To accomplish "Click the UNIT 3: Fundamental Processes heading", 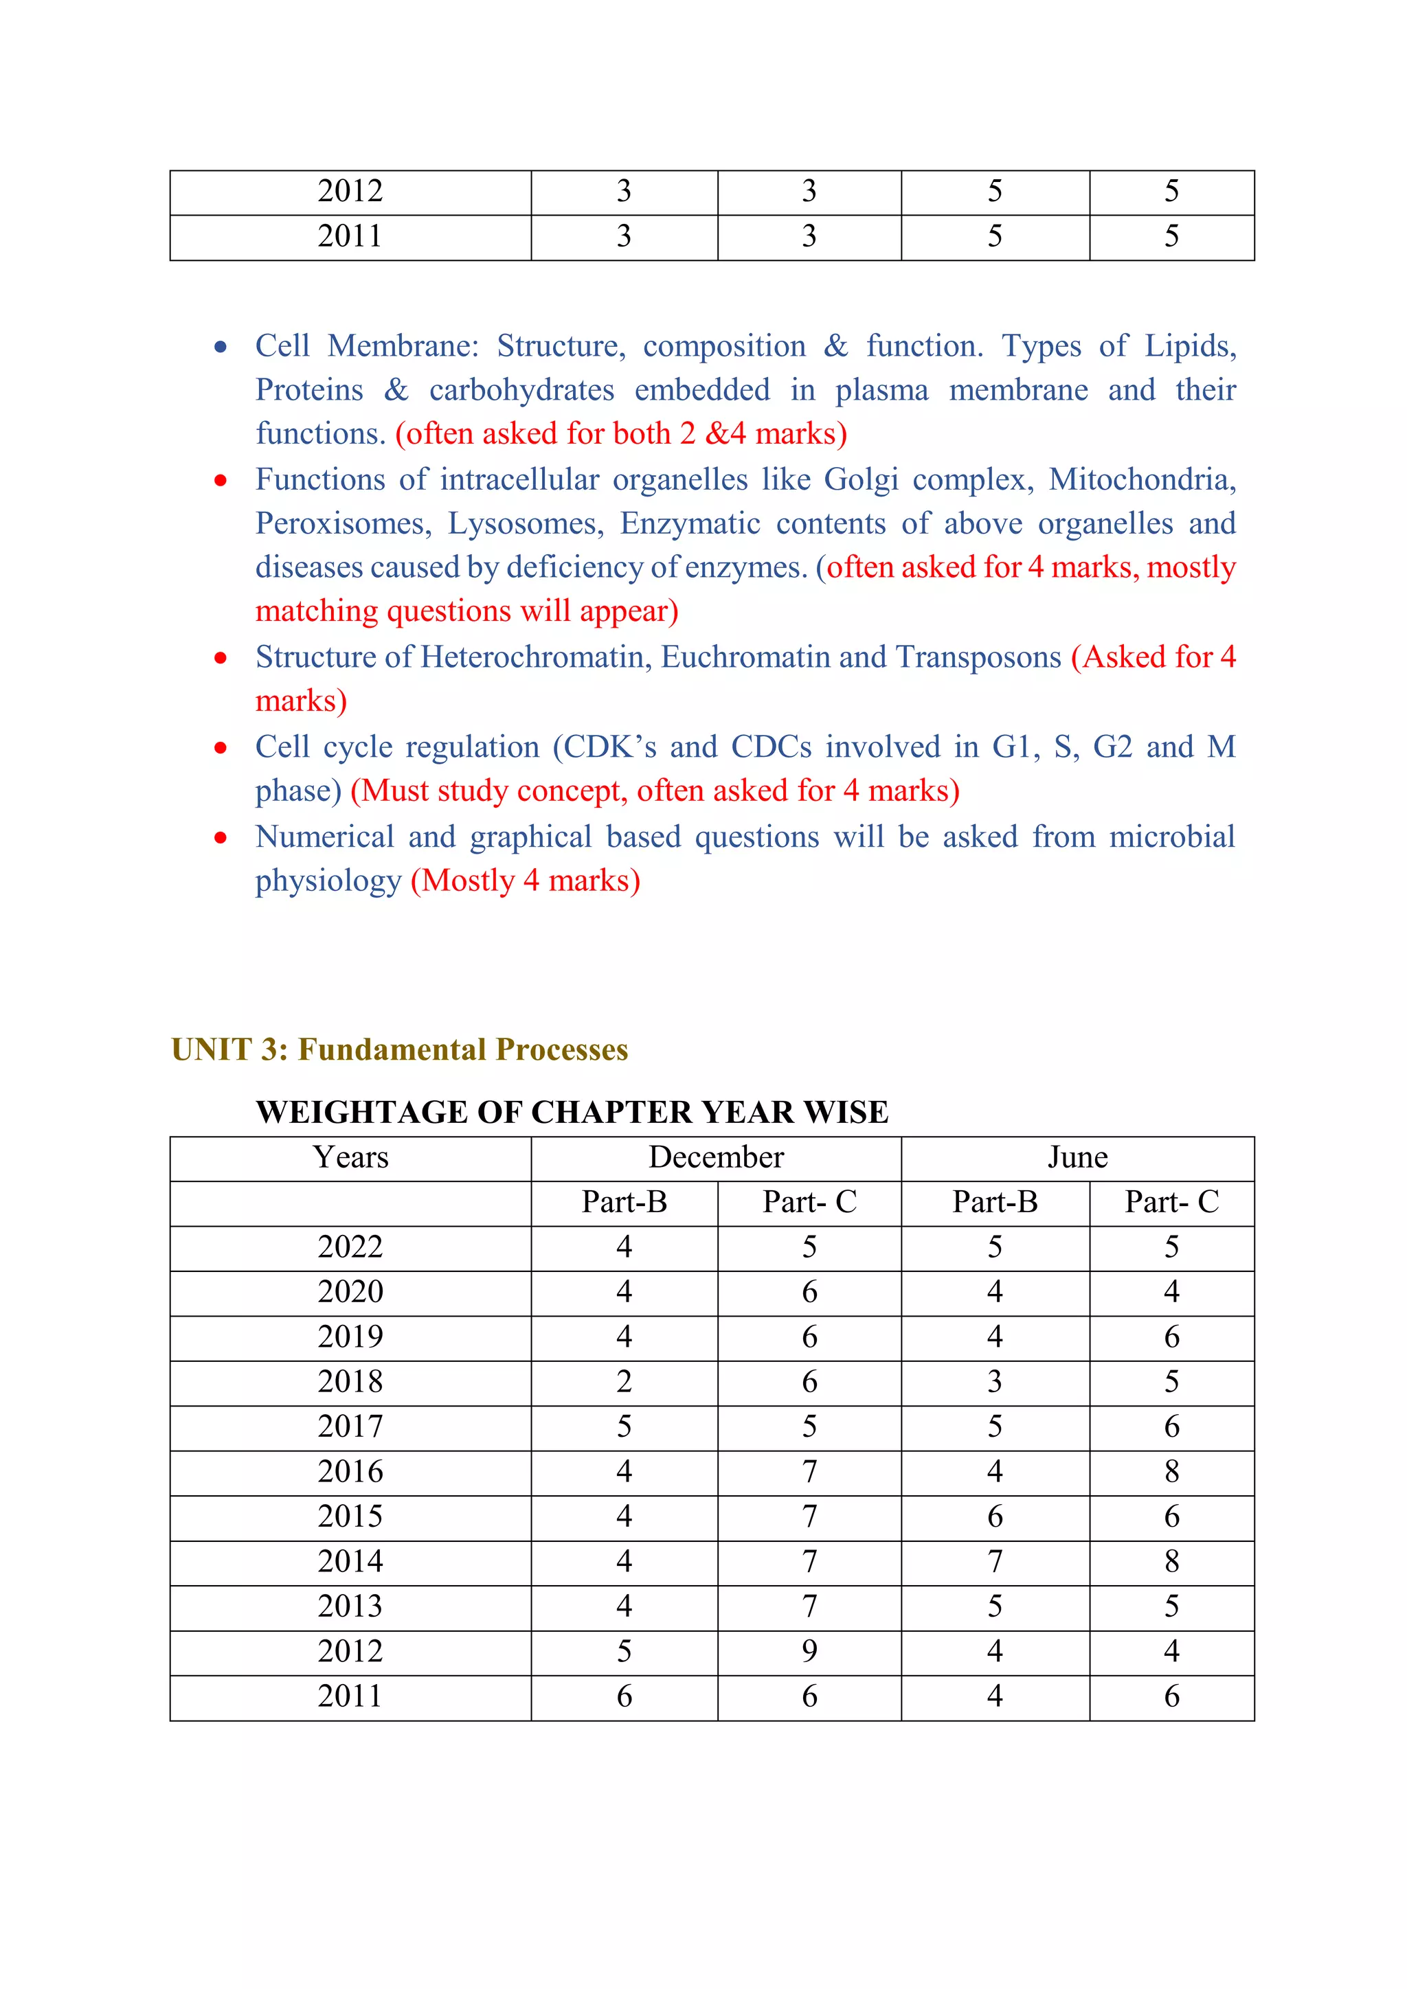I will coord(399,1050).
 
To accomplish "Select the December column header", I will coord(716,1157).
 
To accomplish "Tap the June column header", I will coord(1077,1157).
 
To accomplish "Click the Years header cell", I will coord(350,1157).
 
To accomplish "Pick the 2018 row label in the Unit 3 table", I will coord(350,1382).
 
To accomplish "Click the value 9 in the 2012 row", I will coord(809,1651).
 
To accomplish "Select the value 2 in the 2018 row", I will coord(624,1382).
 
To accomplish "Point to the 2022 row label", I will coord(350,1247).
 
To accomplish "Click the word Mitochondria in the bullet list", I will coord(1141,480).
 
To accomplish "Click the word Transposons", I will coord(978,657).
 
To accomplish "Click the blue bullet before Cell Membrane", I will coord(221,348).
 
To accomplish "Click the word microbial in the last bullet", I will coord(1171,837).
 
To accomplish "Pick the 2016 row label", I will coord(350,1472).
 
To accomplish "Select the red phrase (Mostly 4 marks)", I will coord(525,881).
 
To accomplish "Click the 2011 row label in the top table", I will coord(350,236).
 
